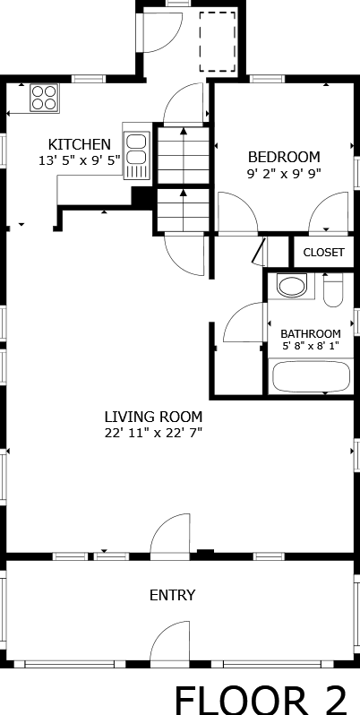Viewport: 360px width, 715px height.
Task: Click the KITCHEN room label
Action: coord(80,144)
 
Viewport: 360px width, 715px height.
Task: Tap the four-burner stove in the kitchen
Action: coord(44,98)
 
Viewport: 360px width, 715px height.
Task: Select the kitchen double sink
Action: coord(136,155)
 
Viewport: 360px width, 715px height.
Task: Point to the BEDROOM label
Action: coord(284,158)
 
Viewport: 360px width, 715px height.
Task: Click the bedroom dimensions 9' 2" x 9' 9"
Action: coord(284,174)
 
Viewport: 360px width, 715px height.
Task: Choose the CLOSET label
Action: coord(323,253)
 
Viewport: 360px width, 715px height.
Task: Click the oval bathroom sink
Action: coord(293,286)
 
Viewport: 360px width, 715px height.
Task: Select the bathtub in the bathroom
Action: coord(312,376)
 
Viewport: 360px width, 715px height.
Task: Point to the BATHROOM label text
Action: coord(311,333)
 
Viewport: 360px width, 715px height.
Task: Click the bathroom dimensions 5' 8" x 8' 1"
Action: coord(311,346)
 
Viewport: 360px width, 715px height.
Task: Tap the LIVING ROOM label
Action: coord(153,417)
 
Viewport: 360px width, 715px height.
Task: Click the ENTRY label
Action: coord(172,595)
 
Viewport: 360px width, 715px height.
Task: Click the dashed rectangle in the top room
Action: coord(218,42)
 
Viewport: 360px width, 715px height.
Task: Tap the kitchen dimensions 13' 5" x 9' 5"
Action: coord(80,160)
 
